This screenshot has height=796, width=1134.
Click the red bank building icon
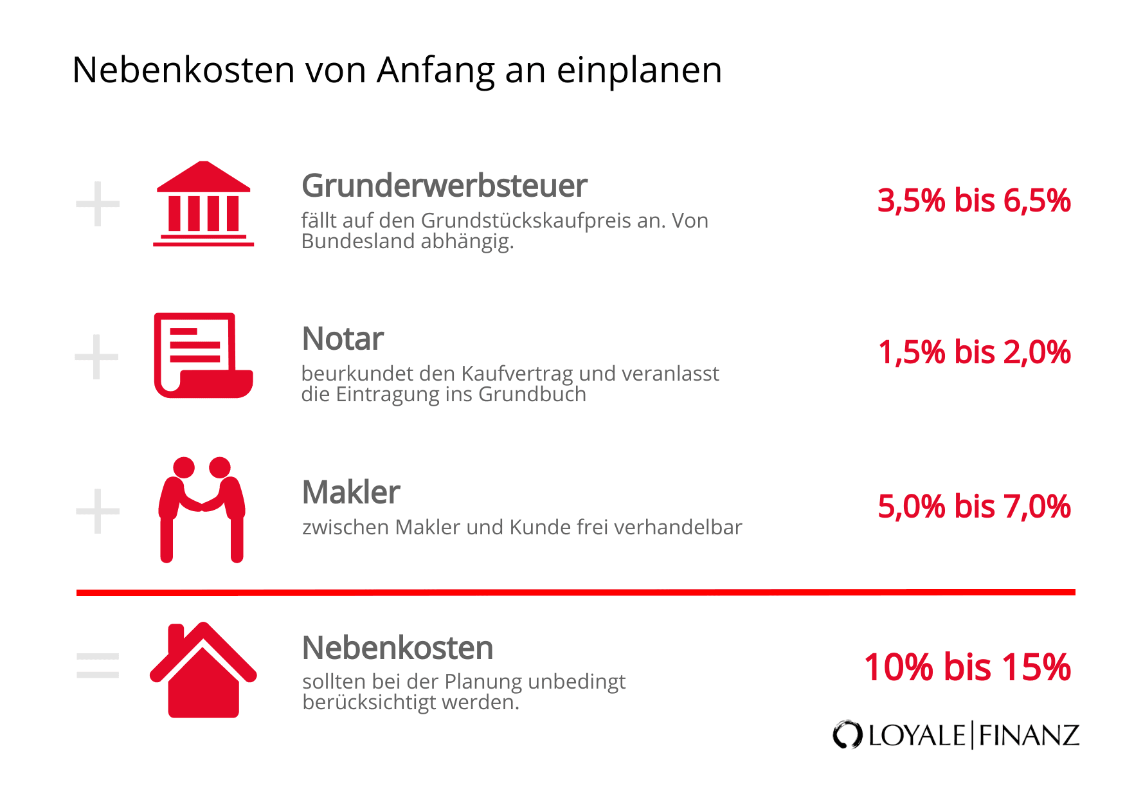click(203, 204)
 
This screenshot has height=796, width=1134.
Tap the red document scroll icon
click(203, 356)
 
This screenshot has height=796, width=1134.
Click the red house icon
click(203, 671)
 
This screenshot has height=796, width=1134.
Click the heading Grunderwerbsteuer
click(444, 186)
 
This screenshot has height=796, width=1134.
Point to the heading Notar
click(343, 339)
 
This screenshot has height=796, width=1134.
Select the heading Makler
click(351, 493)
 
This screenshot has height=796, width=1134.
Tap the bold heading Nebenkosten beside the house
click(397, 648)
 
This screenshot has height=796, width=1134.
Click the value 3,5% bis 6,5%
click(974, 201)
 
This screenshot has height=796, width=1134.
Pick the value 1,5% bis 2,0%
click(974, 352)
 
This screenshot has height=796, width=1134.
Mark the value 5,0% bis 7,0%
click(974, 507)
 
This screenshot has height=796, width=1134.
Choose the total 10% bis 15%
click(967, 667)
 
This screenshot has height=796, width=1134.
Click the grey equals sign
click(98, 665)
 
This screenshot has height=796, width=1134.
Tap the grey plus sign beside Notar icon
click(97, 357)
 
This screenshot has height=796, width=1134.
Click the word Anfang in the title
click(436, 71)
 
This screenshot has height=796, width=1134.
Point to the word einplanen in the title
click(639, 71)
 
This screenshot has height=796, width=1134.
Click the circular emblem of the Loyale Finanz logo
click(847, 735)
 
